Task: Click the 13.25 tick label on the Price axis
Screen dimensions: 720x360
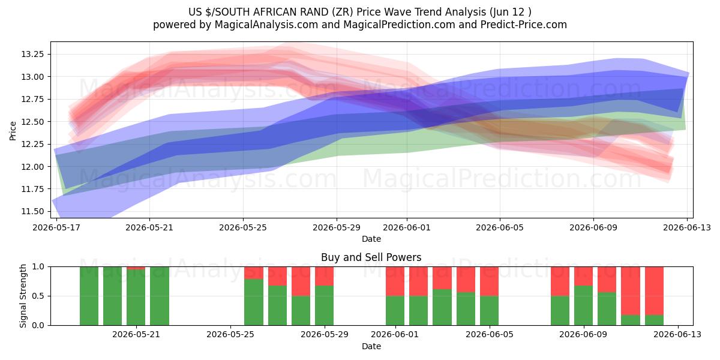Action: point(32,54)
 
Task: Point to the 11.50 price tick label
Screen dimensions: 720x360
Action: point(32,211)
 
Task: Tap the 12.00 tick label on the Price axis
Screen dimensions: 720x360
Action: point(32,167)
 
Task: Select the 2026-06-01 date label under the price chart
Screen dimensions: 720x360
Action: point(407,227)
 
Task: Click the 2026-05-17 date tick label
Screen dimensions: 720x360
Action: point(56,227)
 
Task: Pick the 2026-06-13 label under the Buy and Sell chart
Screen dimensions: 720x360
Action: point(677,334)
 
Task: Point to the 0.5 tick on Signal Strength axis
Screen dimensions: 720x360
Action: point(38,296)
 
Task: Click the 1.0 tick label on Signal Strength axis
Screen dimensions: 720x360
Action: point(38,266)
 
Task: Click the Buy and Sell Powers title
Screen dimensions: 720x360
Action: point(371,257)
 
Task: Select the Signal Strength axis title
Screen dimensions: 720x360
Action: point(23,296)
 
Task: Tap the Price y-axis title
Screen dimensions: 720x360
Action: point(13,131)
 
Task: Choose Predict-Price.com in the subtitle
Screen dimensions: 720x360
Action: point(524,25)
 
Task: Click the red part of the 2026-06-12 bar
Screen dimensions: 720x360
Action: point(654,290)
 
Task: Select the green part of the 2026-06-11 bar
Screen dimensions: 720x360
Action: point(631,320)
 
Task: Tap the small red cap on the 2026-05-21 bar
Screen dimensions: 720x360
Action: point(136,268)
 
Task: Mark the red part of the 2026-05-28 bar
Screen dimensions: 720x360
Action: point(301,281)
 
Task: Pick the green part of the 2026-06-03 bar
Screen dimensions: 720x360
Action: point(442,307)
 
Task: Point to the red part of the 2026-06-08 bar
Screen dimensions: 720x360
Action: point(560,281)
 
